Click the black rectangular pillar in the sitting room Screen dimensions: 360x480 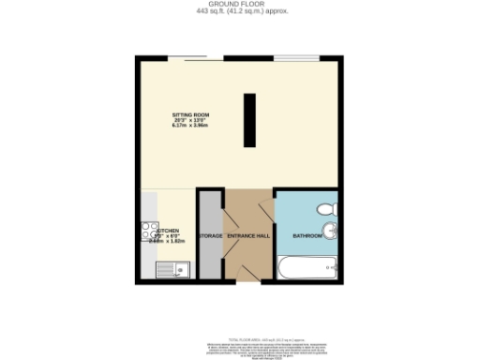(250, 120)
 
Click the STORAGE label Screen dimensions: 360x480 (210, 235)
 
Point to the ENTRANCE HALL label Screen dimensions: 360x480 (248, 235)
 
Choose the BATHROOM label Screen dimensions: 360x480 (307, 235)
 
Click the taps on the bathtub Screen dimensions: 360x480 (329, 270)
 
